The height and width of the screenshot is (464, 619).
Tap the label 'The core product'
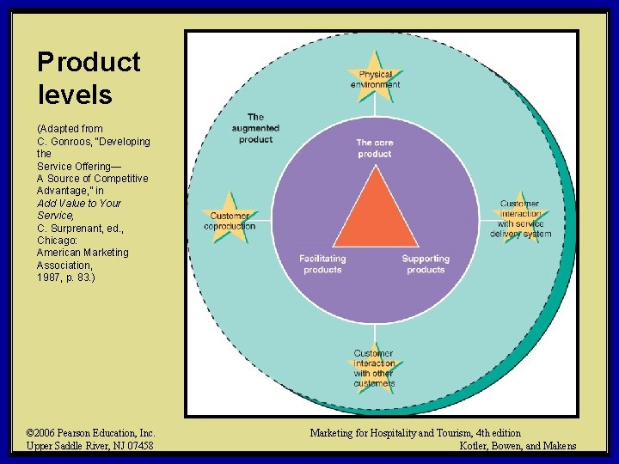pos(374,149)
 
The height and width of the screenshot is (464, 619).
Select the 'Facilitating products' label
pos(322,264)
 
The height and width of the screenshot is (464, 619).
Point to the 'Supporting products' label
pos(426,264)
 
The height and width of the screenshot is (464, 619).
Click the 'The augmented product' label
pos(255,128)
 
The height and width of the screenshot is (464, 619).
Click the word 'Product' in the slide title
pos(89,62)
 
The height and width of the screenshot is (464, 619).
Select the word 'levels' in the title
pos(75,95)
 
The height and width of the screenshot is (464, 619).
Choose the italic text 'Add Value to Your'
pos(79,203)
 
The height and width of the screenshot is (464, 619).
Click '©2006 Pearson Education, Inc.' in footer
pos(90,433)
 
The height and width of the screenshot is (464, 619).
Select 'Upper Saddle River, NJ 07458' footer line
pos(90,445)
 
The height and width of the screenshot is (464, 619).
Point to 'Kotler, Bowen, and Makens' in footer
pos(518,445)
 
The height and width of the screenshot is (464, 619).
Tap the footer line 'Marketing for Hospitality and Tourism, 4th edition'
pos(415,433)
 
